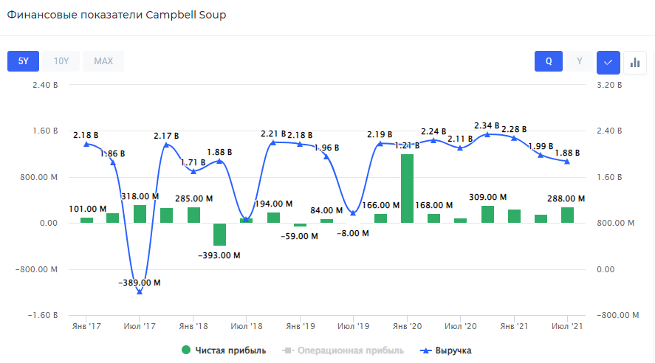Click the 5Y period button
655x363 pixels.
tap(23, 61)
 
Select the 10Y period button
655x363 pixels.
tap(61, 61)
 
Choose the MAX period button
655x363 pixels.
tap(103, 61)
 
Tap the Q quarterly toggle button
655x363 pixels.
tap(549, 62)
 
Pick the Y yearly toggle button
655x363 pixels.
tap(580, 62)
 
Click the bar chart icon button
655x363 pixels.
tap(634, 62)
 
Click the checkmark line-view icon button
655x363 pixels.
tap(608, 62)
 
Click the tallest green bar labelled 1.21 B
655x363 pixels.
tap(407, 188)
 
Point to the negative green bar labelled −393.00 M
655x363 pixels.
tap(219, 235)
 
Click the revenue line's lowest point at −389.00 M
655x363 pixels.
tap(140, 291)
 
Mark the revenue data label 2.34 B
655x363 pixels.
tap(487, 125)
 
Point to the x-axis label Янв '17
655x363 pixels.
tap(87, 325)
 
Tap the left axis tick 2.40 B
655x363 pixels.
tap(45, 85)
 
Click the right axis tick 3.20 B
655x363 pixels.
tap(609, 85)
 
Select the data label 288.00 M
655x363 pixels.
tap(566, 198)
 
